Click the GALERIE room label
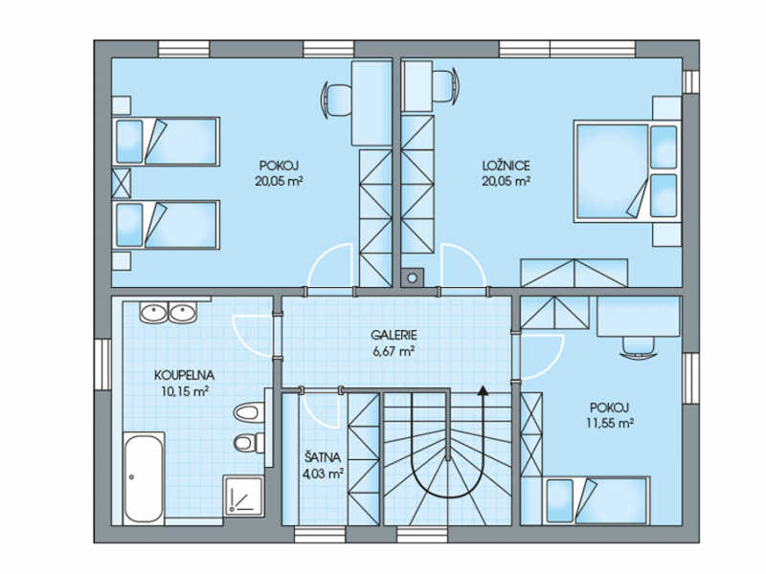(394, 336)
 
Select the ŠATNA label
(323, 457)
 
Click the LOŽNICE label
(507, 166)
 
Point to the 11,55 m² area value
(610, 423)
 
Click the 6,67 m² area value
(394, 351)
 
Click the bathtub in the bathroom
(144, 476)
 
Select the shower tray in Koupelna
(244, 495)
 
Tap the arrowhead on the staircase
(484, 389)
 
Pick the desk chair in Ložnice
(445, 87)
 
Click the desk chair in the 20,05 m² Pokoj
(337, 99)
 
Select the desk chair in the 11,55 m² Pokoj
(639, 347)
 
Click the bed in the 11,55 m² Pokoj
(597, 500)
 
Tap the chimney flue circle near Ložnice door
(413, 278)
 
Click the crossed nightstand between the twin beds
(122, 183)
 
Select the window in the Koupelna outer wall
(103, 364)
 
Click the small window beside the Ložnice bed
(690, 81)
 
